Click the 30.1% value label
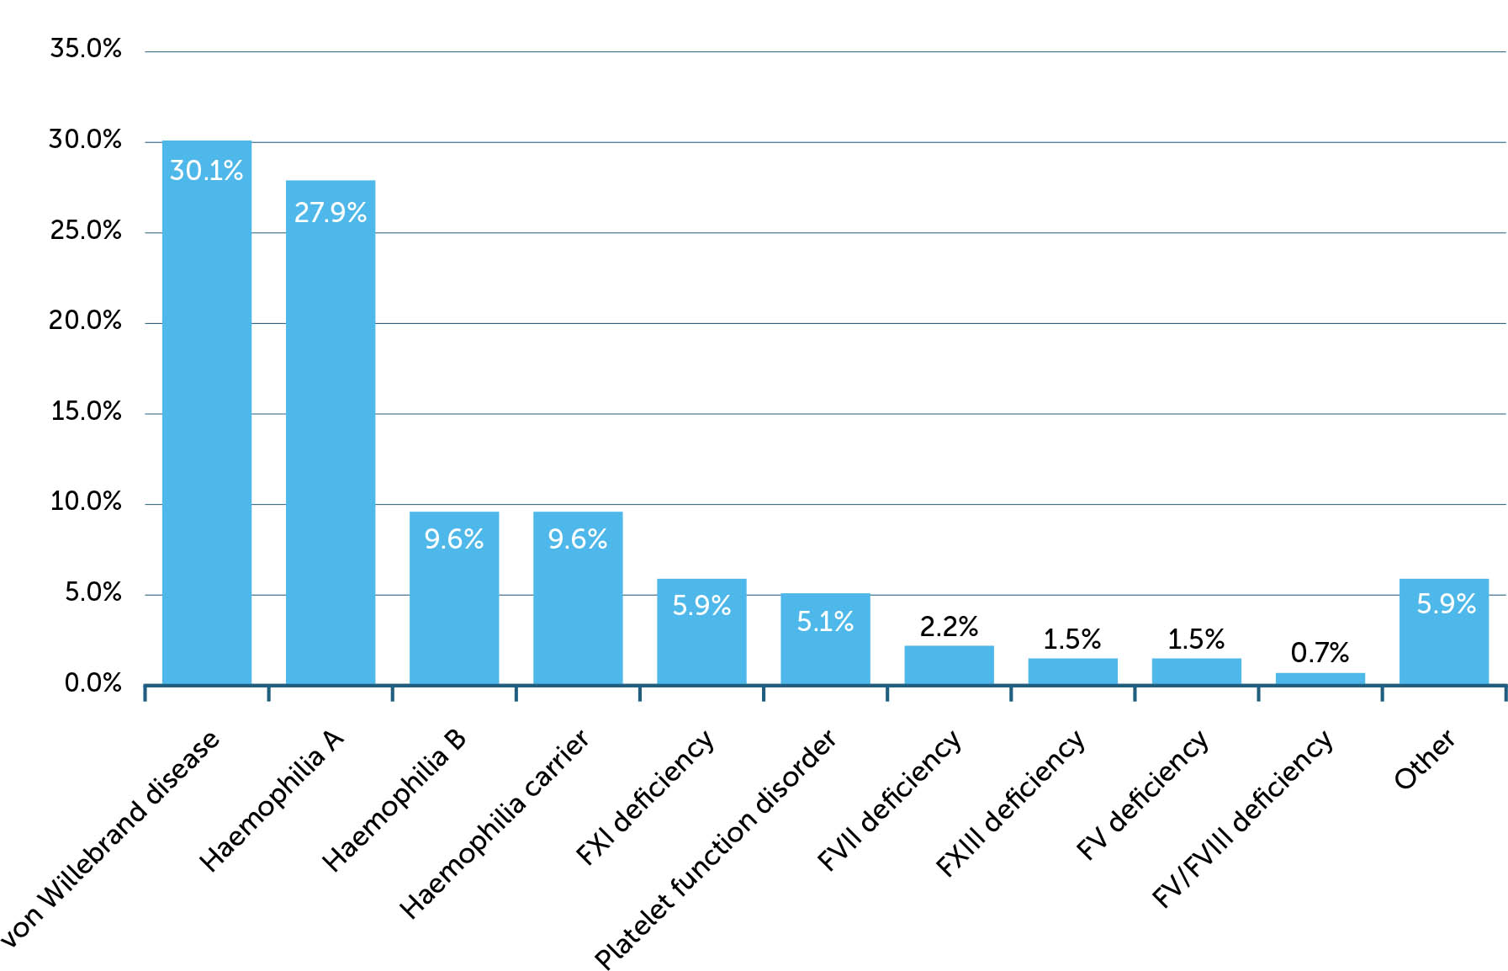coord(206,171)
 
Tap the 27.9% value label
coord(330,212)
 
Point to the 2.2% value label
coord(949,627)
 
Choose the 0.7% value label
coord(1320,652)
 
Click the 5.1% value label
coord(825,622)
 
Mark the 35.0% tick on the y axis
coord(86,49)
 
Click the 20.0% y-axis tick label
coord(86,321)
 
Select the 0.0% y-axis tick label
coord(93,683)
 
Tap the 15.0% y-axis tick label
coord(86,411)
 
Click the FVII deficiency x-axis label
coord(889,800)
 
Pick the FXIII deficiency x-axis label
coord(1010,804)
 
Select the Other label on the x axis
coord(1424,760)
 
